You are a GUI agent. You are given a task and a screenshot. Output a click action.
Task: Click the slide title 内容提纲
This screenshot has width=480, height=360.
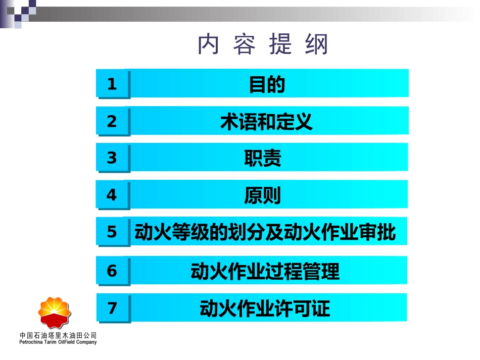tap(263, 45)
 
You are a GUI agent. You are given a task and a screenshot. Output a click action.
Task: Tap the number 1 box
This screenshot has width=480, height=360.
tap(112, 84)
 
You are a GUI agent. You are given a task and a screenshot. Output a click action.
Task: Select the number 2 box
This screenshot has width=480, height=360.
tap(112, 121)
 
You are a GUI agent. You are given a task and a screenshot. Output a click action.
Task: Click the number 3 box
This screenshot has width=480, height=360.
tap(112, 158)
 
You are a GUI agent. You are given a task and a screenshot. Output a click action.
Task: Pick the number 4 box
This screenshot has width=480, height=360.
tap(112, 195)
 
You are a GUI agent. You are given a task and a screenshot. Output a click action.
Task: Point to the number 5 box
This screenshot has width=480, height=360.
tap(112, 232)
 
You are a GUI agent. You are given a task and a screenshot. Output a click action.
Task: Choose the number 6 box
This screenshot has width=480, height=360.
tap(112, 271)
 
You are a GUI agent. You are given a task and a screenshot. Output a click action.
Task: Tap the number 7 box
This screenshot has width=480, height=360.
tap(112, 308)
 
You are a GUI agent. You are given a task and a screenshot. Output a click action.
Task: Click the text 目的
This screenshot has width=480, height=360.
tap(267, 84)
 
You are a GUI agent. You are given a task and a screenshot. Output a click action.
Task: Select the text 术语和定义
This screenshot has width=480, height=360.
tap(267, 122)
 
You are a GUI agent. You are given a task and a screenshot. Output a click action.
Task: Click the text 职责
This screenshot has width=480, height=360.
tap(263, 159)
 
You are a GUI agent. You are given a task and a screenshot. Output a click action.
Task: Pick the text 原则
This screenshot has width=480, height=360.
tap(263, 195)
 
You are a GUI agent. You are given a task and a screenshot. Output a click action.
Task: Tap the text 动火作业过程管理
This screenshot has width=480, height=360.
tap(265, 272)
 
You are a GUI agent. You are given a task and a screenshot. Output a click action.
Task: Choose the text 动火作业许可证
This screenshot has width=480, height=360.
tap(265, 308)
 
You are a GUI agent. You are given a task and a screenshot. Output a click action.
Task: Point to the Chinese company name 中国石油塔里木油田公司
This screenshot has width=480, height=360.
tap(58, 335)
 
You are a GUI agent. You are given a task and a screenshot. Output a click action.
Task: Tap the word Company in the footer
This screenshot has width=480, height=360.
tap(86, 342)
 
